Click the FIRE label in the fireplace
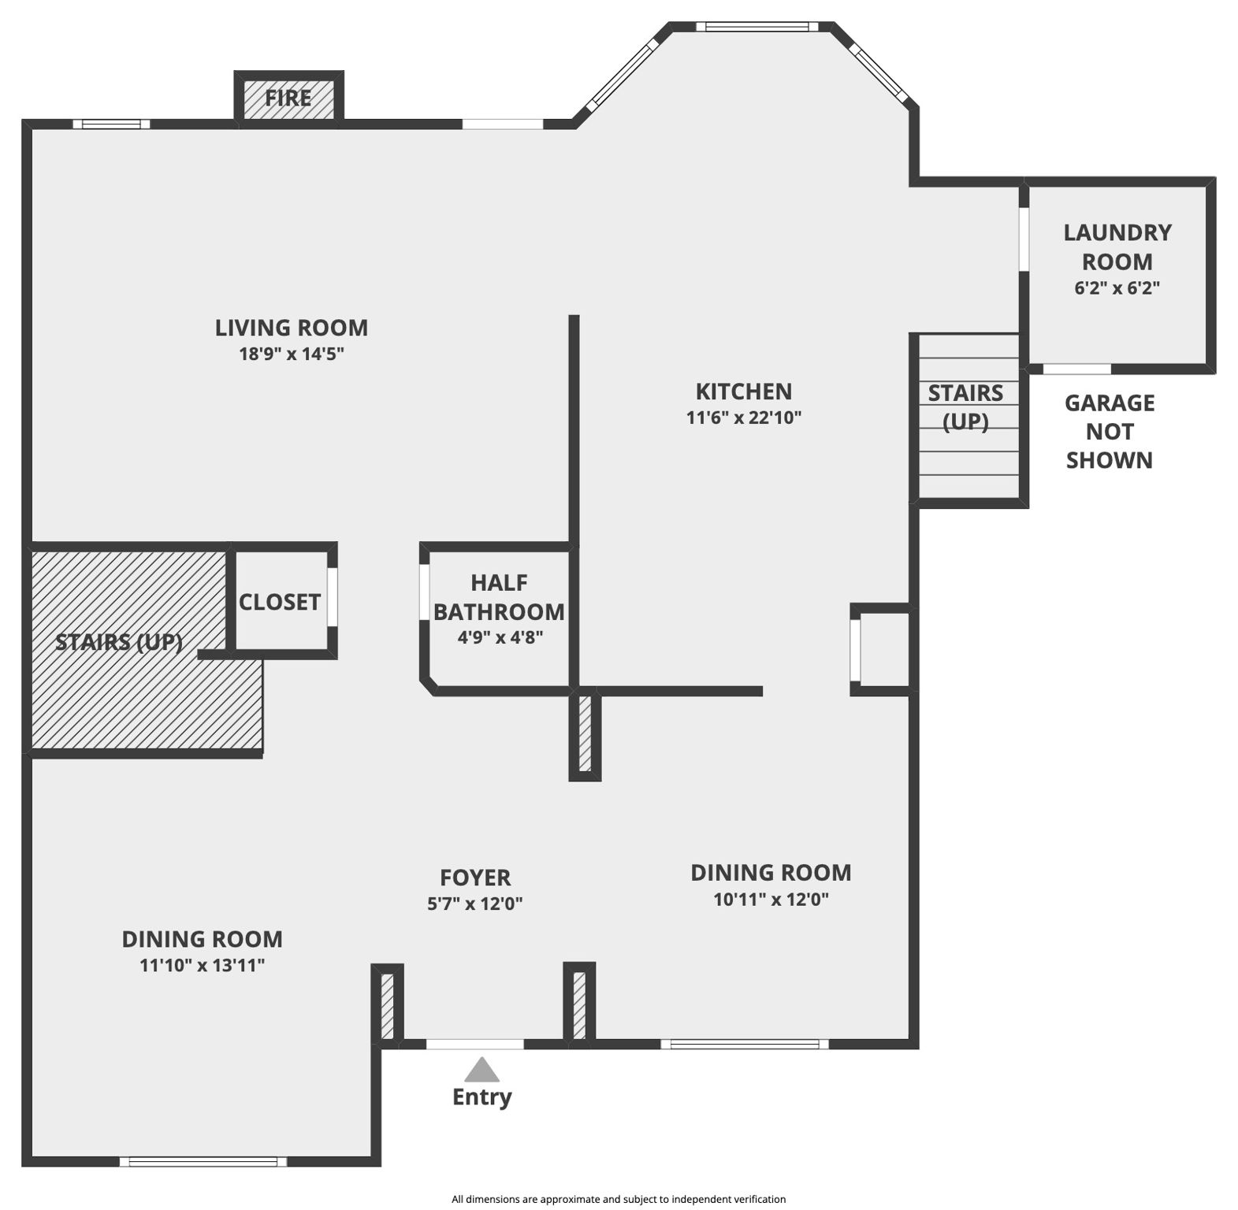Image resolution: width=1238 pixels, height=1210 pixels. pyautogui.click(x=288, y=98)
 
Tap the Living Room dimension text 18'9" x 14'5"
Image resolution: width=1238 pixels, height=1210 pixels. pyautogui.click(x=292, y=354)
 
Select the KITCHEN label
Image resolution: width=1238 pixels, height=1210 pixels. pyautogui.click(x=743, y=392)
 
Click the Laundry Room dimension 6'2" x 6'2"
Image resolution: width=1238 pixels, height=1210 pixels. pyautogui.click(x=1117, y=288)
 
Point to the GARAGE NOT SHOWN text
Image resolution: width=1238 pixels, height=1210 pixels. pyautogui.click(x=1109, y=432)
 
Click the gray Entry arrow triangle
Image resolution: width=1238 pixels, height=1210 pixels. pyautogui.click(x=481, y=1070)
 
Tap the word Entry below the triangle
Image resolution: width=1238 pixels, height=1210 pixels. pyautogui.click(x=481, y=1097)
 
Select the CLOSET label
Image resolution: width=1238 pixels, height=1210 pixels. pyautogui.click(x=280, y=603)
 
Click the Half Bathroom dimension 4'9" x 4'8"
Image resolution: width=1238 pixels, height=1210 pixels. pyautogui.click(x=500, y=637)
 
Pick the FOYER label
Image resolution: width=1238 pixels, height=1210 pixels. pyautogui.click(x=475, y=878)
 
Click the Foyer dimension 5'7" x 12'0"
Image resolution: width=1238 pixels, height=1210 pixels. pyautogui.click(x=475, y=904)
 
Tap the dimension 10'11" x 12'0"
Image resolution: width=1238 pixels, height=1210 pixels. pyautogui.click(x=771, y=899)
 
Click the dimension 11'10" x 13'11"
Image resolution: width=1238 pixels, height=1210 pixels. pyautogui.click(x=202, y=965)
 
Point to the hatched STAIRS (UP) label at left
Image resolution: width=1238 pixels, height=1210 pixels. pyautogui.click(x=119, y=642)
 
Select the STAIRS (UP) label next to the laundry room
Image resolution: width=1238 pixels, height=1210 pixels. pyautogui.click(x=965, y=407)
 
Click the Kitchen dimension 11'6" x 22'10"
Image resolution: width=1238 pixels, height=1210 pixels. pyautogui.click(x=744, y=418)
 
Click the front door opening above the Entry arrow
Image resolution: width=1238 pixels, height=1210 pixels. pyautogui.click(x=475, y=1044)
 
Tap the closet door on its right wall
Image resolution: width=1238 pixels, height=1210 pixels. pyautogui.click(x=333, y=597)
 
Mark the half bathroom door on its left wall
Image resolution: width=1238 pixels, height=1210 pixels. pyautogui.click(x=424, y=593)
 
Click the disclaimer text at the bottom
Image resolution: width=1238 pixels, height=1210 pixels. pyautogui.click(x=619, y=1199)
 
